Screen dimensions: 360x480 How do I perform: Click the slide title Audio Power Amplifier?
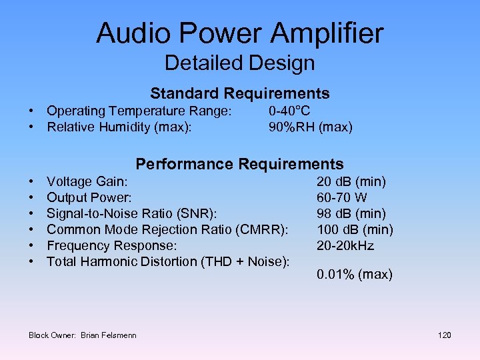tap(239, 33)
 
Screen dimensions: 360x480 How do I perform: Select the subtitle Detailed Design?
tap(239, 63)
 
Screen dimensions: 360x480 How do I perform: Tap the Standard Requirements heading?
tap(239, 93)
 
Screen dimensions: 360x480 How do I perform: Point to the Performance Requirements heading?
tap(239, 164)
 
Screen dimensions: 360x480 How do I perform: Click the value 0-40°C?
tap(289, 111)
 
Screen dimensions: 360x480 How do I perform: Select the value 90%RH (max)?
tap(310, 127)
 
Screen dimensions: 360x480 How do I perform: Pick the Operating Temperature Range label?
tap(139, 111)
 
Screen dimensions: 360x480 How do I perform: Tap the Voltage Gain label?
tap(87, 181)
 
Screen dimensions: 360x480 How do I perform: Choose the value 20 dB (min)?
tap(351, 181)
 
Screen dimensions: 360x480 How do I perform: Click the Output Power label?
tap(89, 197)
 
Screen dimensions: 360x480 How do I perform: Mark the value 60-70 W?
tap(342, 197)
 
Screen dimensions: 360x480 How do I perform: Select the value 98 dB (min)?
tap(351, 213)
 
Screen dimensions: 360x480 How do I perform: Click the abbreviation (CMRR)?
tap(263, 229)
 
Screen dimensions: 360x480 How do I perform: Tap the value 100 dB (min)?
tap(355, 229)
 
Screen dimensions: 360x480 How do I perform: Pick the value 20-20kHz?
tap(345, 245)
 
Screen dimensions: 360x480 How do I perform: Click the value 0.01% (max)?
tap(355, 275)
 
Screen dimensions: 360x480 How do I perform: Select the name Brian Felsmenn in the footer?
tap(109, 335)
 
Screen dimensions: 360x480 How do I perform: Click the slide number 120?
tap(444, 335)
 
